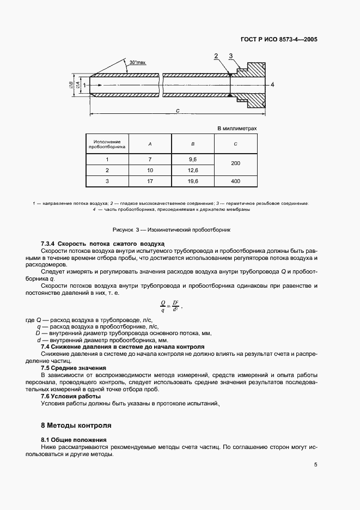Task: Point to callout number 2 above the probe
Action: pyautogui.click(x=216, y=56)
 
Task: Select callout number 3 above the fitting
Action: pyautogui.click(x=231, y=56)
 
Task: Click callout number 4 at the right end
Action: pyautogui.click(x=272, y=84)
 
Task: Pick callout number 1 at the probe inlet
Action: pyautogui.click(x=84, y=85)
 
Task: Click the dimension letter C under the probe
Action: pyautogui.click(x=178, y=111)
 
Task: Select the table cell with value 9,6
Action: pyautogui.click(x=192, y=159)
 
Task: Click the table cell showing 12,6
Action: pyautogui.click(x=192, y=171)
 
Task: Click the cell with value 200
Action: pyautogui.click(x=235, y=165)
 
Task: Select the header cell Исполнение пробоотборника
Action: pyautogui.click(x=107, y=144)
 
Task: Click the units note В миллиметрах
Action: pyautogui.click(x=236, y=129)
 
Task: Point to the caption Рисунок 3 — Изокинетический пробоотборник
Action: pyautogui.click(x=172, y=229)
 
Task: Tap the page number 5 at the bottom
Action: pyautogui.click(x=315, y=465)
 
